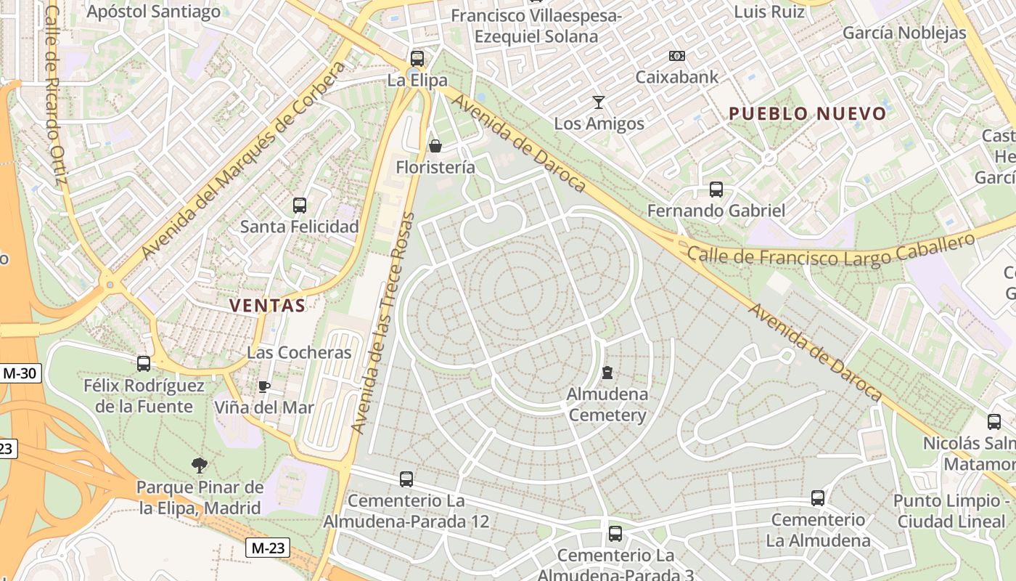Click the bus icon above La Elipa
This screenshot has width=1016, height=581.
[x=417, y=59]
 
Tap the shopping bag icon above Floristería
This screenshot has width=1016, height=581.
[x=435, y=146]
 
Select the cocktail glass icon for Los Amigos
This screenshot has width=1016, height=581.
[x=599, y=102]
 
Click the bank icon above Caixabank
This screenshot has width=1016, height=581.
[x=676, y=55]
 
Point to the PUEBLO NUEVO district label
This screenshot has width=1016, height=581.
[x=808, y=113]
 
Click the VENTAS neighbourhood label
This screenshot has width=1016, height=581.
[x=267, y=305]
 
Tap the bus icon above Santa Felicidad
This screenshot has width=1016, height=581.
[x=300, y=206]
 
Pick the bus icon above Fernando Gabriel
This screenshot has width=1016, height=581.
[x=716, y=190]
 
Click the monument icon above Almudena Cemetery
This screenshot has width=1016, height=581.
[x=607, y=373]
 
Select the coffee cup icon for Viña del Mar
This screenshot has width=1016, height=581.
[x=264, y=386]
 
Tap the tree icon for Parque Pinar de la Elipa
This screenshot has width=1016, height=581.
[x=200, y=465]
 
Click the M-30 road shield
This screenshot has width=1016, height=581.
[x=20, y=374]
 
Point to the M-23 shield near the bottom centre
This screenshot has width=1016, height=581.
[x=267, y=548]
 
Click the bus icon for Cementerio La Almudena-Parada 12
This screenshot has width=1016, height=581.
[x=406, y=479]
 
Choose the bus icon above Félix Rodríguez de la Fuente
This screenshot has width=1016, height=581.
[x=144, y=363]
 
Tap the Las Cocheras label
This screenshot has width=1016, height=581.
[x=299, y=353]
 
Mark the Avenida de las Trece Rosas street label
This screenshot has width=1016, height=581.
[x=382, y=323]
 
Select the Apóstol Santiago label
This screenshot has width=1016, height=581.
[x=153, y=12]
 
